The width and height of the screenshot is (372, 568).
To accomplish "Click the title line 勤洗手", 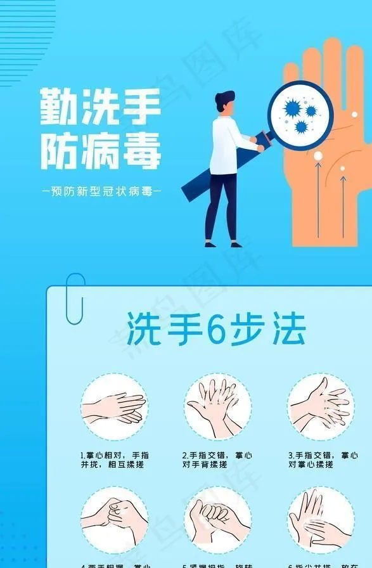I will click(99, 106).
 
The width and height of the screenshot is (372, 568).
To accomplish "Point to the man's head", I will click(224, 103).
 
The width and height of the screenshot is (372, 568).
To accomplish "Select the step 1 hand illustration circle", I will click(114, 406).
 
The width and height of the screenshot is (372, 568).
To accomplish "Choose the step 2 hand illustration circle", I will click(217, 406).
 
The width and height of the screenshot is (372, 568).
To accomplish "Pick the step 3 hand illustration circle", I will click(320, 406).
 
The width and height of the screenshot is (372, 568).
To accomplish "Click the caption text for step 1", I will click(114, 460).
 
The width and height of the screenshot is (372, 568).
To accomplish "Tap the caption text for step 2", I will click(217, 460).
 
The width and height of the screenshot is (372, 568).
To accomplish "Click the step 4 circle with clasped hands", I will click(114, 520).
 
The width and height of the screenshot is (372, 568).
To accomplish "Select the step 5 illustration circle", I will click(217, 520).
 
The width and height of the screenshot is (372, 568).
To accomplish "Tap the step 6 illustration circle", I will click(320, 520).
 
